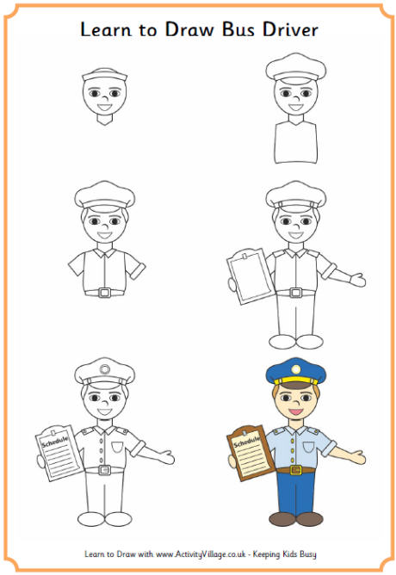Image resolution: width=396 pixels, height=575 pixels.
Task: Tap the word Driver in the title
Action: click(290, 29)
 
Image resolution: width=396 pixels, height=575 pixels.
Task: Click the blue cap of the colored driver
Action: click(295, 371)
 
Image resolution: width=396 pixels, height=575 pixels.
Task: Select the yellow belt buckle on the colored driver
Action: click(295, 470)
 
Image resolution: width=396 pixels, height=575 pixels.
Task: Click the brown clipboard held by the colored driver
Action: click(251, 454)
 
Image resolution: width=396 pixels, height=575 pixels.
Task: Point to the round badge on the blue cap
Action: click(295, 368)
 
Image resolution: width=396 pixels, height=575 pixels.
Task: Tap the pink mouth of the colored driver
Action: click(295, 411)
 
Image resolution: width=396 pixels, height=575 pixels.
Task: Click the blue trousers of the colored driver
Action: click(295, 493)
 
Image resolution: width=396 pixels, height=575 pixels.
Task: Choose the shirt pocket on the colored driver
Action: click(308, 447)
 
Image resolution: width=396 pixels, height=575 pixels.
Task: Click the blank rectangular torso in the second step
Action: click(295, 142)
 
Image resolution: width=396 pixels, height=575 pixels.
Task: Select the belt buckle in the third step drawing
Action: click(104, 293)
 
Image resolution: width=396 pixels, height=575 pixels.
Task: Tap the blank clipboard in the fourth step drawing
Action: click(251, 276)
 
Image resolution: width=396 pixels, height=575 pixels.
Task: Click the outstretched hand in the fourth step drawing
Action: click(357, 281)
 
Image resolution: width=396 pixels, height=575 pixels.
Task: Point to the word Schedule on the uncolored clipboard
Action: click(55, 442)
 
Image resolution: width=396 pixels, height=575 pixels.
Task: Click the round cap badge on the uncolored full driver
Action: click(104, 369)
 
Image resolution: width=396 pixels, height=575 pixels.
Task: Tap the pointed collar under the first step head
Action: click(104, 120)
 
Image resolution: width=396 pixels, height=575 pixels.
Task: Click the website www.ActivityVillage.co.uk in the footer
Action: click(201, 554)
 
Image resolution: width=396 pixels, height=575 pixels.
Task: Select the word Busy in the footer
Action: click(307, 554)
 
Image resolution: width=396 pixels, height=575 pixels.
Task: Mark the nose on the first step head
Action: click(104, 98)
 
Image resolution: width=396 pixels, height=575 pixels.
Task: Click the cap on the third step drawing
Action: click(104, 196)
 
